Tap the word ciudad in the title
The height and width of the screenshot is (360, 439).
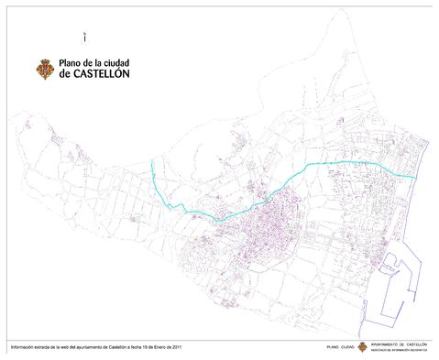pyautogui.click(x=114, y=63)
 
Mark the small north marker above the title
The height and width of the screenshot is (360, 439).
pyautogui.click(x=83, y=38)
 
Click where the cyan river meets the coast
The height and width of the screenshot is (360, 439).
pyautogui.click(x=417, y=177)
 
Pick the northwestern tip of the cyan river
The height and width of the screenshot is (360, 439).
pyautogui.click(x=152, y=162)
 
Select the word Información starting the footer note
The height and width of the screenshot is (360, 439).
pyautogui.click(x=22, y=347)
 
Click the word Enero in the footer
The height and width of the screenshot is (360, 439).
pyautogui.click(x=159, y=347)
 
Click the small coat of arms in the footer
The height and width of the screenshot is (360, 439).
pyautogui.click(x=362, y=347)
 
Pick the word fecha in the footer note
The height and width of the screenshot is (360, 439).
pyautogui.click(x=135, y=347)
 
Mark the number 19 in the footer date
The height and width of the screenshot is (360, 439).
pyautogui.click(x=145, y=347)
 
